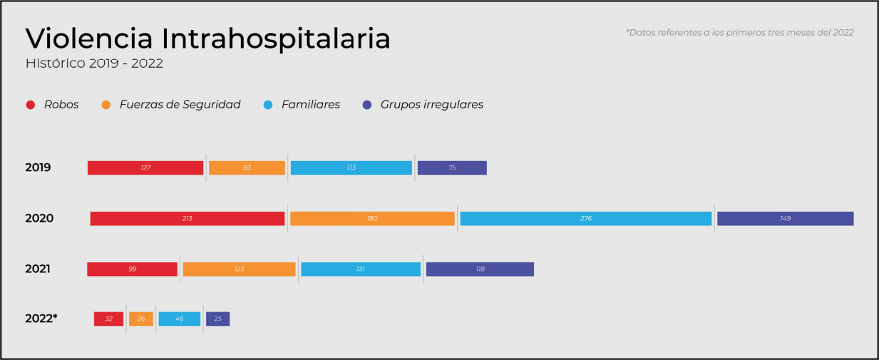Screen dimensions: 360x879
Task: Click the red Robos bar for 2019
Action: (x=145, y=168)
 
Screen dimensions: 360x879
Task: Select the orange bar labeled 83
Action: (x=247, y=168)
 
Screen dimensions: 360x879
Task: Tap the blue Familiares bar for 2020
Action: (x=585, y=219)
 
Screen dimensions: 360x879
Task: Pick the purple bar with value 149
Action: (x=785, y=219)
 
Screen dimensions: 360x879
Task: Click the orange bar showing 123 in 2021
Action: (x=239, y=269)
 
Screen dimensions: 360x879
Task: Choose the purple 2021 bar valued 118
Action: (x=480, y=269)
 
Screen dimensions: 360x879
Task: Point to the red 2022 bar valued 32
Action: (x=108, y=319)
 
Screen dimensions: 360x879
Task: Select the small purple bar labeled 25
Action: (x=217, y=319)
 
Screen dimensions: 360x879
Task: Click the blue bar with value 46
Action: (x=180, y=319)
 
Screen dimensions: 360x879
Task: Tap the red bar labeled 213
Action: (x=187, y=219)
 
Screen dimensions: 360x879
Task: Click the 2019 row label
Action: (x=38, y=168)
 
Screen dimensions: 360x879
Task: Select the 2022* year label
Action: (x=41, y=319)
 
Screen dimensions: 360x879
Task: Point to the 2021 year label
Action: (x=38, y=269)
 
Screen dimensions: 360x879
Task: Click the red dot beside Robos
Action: (x=31, y=105)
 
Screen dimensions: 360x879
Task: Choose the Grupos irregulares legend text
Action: (x=432, y=105)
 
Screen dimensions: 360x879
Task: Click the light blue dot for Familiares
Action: (x=268, y=105)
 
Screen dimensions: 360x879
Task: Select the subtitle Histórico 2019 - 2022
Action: (x=95, y=63)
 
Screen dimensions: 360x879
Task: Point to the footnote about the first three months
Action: (x=739, y=32)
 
